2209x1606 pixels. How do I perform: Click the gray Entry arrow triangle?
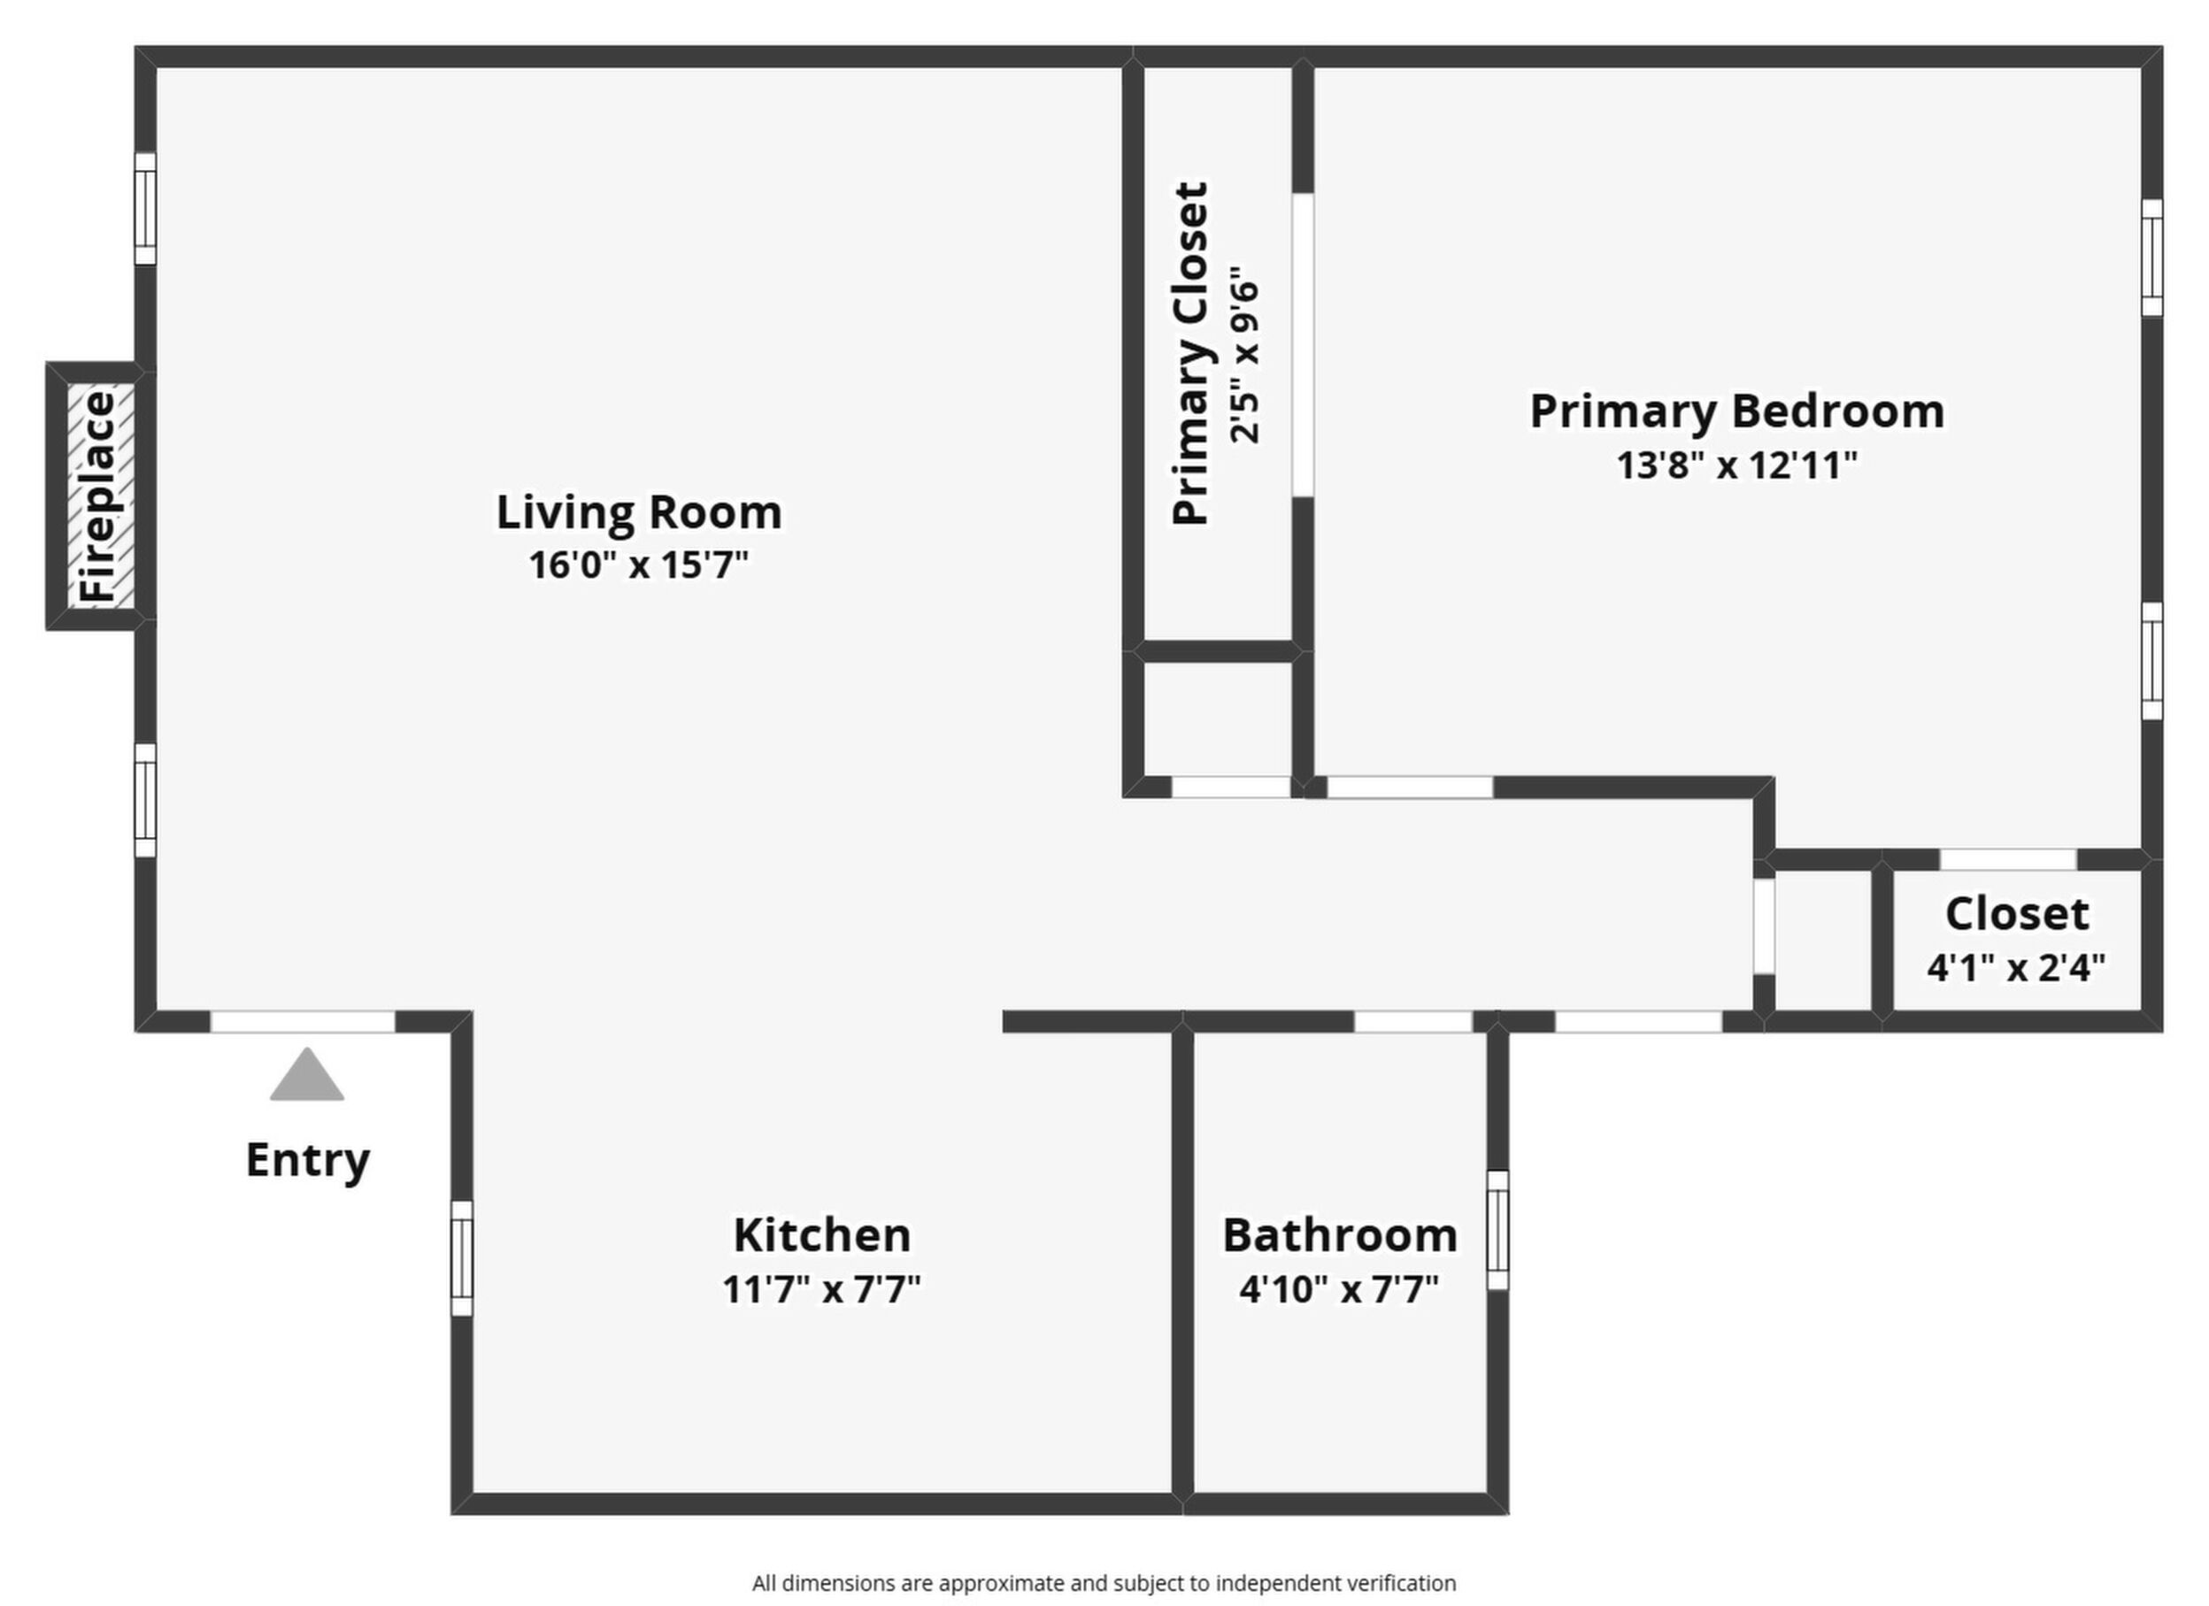[307, 1075]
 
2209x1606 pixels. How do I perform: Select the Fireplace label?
[98, 496]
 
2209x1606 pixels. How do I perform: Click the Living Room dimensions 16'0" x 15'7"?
[638, 565]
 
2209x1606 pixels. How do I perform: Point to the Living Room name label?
[639, 512]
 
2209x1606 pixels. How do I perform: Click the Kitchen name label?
[822, 1235]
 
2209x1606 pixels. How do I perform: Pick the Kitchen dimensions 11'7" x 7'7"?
[821, 1289]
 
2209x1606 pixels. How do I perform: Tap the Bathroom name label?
[1340, 1235]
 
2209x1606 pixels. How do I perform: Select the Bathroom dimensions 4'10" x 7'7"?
[1339, 1289]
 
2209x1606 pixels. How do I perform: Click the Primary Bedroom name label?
[1737, 411]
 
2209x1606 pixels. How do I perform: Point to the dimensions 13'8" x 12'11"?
[1737, 465]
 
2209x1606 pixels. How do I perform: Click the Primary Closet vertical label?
[1190, 354]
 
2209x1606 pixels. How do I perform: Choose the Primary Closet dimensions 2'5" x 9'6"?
[1243, 355]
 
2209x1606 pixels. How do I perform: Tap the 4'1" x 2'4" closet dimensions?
[2016, 967]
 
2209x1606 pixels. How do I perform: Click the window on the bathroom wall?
[1498, 1230]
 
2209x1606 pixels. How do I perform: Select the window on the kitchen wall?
[462, 1258]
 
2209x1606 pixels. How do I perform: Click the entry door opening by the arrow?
[303, 1022]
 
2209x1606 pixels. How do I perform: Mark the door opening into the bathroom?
[1413, 1022]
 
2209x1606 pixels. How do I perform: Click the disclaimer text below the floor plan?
[1104, 1583]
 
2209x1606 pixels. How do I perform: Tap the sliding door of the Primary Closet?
[1302, 345]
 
